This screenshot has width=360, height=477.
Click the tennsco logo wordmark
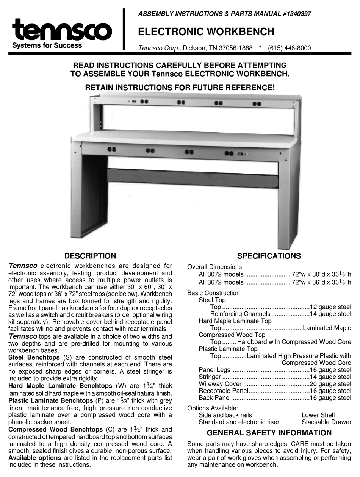[62, 31]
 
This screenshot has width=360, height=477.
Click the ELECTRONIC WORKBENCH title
[206, 32]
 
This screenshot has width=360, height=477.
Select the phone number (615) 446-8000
[289, 48]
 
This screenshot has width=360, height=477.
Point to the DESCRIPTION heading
[90, 256]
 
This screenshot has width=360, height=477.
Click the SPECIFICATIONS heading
[269, 256]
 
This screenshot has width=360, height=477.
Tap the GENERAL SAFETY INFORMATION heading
[269, 433]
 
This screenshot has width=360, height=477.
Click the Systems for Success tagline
[47, 45]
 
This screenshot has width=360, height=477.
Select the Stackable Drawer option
[326, 422]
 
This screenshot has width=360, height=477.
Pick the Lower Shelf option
[318, 415]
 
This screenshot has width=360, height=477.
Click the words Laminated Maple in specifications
[327, 328]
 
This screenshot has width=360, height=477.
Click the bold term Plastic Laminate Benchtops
[51, 400]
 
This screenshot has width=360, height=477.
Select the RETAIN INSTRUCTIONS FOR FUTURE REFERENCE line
[180, 88]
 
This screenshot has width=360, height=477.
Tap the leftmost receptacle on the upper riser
[144, 102]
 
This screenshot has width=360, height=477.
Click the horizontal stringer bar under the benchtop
[193, 177]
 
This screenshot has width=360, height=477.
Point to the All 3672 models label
[221, 282]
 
